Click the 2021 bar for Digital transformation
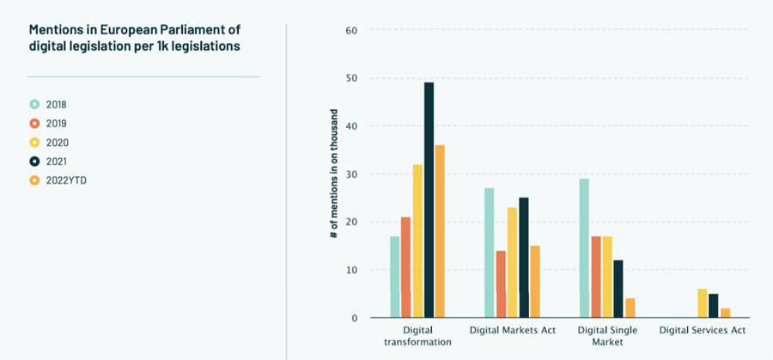429,200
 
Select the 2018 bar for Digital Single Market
584,248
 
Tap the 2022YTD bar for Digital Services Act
726,314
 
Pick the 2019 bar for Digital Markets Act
501,284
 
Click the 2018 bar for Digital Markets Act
490,253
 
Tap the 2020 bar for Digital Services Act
703,303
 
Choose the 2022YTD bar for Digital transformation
440,232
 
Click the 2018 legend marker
35,104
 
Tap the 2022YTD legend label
63,180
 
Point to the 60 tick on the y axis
350,30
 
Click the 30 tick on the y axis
350,174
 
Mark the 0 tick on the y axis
353,318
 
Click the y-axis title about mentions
333,174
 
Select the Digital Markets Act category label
513,330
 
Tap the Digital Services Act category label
702,330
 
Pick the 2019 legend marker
35,123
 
